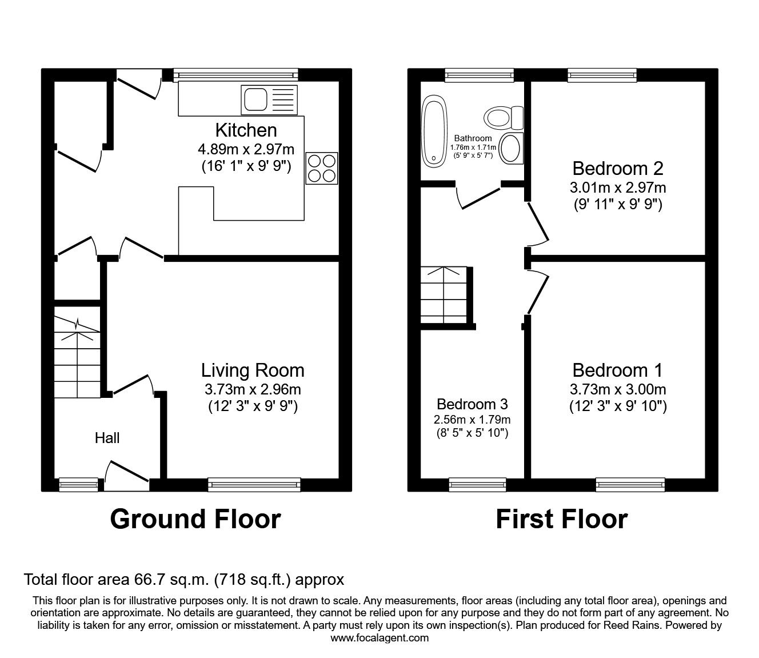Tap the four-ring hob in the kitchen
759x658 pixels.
[x=321, y=168]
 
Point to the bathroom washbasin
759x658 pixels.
[x=510, y=148]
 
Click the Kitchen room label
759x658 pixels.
[x=246, y=130]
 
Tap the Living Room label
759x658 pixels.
[x=253, y=370]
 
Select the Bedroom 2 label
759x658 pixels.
[x=617, y=168]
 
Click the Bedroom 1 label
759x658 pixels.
[x=617, y=370]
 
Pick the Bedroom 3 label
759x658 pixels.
[x=472, y=404]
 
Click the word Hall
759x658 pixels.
[x=107, y=438]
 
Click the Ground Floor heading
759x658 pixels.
[x=195, y=519]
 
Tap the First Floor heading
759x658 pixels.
[x=561, y=519]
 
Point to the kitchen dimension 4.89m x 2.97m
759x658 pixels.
[x=246, y=150]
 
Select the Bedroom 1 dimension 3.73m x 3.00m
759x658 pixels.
[x=617, y=390]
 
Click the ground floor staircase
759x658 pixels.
[x=77, y=357]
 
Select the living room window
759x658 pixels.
[x=254, y=485]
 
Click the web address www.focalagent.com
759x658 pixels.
[x=379, y=638]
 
